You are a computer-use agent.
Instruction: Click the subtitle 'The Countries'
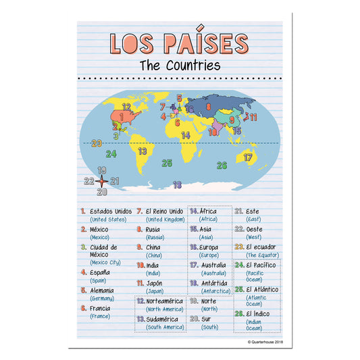point(180,66)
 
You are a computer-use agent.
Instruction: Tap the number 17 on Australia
point(248,157)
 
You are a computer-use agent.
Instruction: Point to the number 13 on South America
point(143,152)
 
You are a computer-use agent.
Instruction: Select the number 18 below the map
point(177,184)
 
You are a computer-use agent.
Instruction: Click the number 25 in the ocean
point(167,163)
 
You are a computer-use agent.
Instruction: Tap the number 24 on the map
point(111,154)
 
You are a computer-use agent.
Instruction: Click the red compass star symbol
point(101,181)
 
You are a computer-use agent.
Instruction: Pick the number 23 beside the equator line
point(97,143)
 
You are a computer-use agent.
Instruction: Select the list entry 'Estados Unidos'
point(111,211)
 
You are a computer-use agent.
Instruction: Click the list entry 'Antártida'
point(214,284)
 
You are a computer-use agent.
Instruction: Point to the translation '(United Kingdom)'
point(165,220)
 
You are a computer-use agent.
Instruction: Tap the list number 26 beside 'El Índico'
point(238,314)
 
